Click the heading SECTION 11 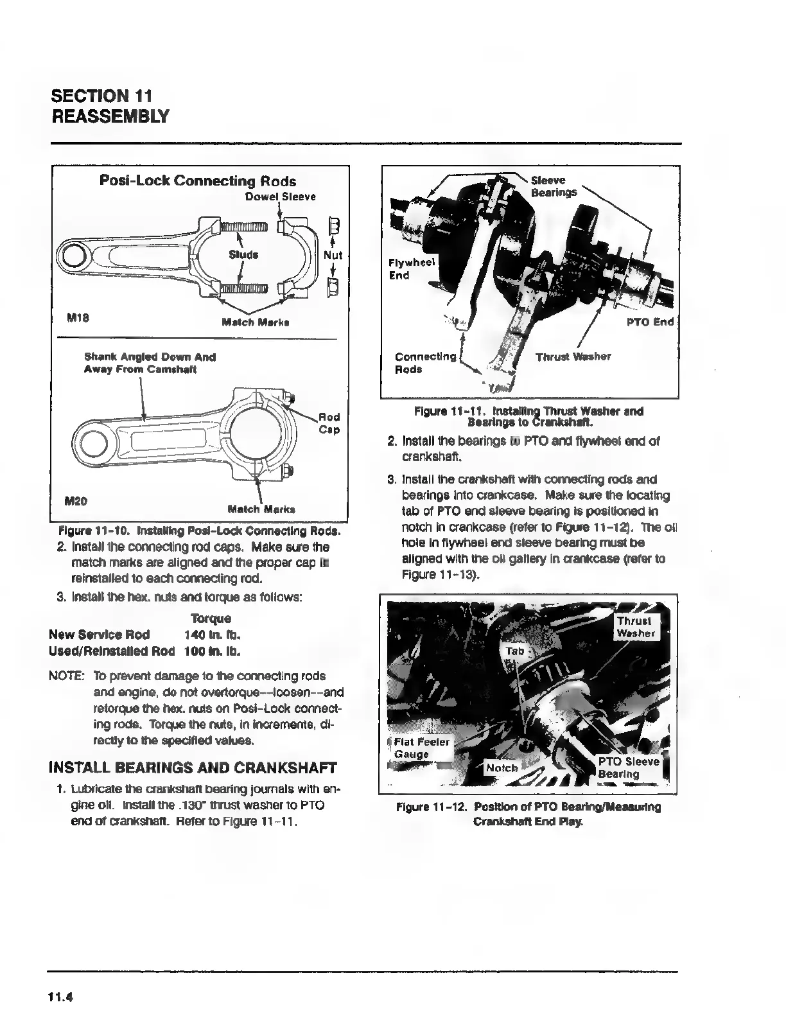coord(101,96)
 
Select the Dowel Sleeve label coord(281,197)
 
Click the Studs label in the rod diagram coord(243,254)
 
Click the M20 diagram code coord(78,500)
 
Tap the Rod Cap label coord(329,423)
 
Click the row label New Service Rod coord(100,635)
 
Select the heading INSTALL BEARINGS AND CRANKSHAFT coord(193,768)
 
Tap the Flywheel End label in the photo coord(411,269)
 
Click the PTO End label coord(650,322)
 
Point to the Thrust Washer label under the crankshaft coord(573,356)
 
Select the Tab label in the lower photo coord(516,651)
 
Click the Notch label coord(502,768)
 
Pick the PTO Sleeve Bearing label coord(628,768)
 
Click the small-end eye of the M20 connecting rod coord(94,443)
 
